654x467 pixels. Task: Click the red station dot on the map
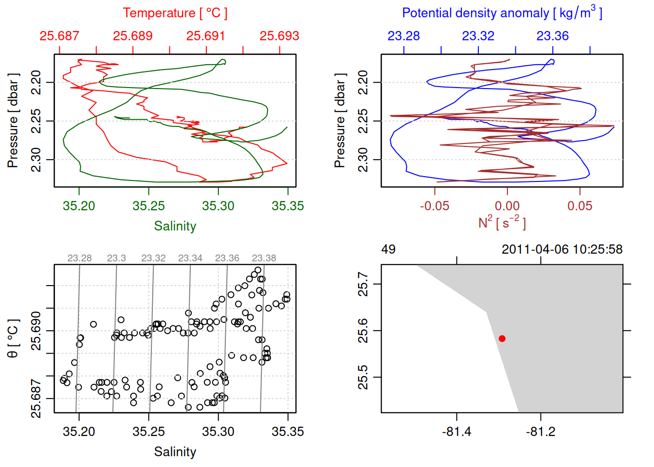pyautogui.click(x=502, y=339)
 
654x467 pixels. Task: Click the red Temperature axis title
pyautogui.click(x=175, y=13)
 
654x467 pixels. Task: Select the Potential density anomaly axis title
pyautogui.click(x=502, y=13)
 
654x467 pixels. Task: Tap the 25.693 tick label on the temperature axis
pyautogui.click(x=279, y=36)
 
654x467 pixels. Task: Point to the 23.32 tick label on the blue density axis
pyautogui.click(x=478, y=36)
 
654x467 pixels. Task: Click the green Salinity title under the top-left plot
pyautogui.click(x=175, y=226)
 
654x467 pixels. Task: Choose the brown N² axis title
pyautogui.click(x=502, y=222)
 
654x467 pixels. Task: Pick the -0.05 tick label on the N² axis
pyautogui.click(x=435, y=206)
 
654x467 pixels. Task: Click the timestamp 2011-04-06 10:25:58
pyautogui.click(x=562, y=250)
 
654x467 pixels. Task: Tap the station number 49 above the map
pyautogui.click(x=388, y=250)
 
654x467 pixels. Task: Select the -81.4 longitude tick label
pyautogui.click(x=456, y=432)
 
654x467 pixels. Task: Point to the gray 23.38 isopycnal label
pyautogui.click(x=264, y=258)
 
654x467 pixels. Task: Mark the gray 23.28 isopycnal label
pyautogui.click(x=79, y=258)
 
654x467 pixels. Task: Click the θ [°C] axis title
pyautogui.click(x=13, y=339)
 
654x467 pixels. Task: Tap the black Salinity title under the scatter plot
pyautogui.click(x=175, y=452)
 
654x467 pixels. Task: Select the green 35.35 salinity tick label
pyautogui.click(x=288, y=206)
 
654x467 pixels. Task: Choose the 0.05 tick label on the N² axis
pyautogui.click(x=580, y=206)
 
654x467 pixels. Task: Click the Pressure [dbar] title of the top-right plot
pyautogui.click(x=340, y=121)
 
